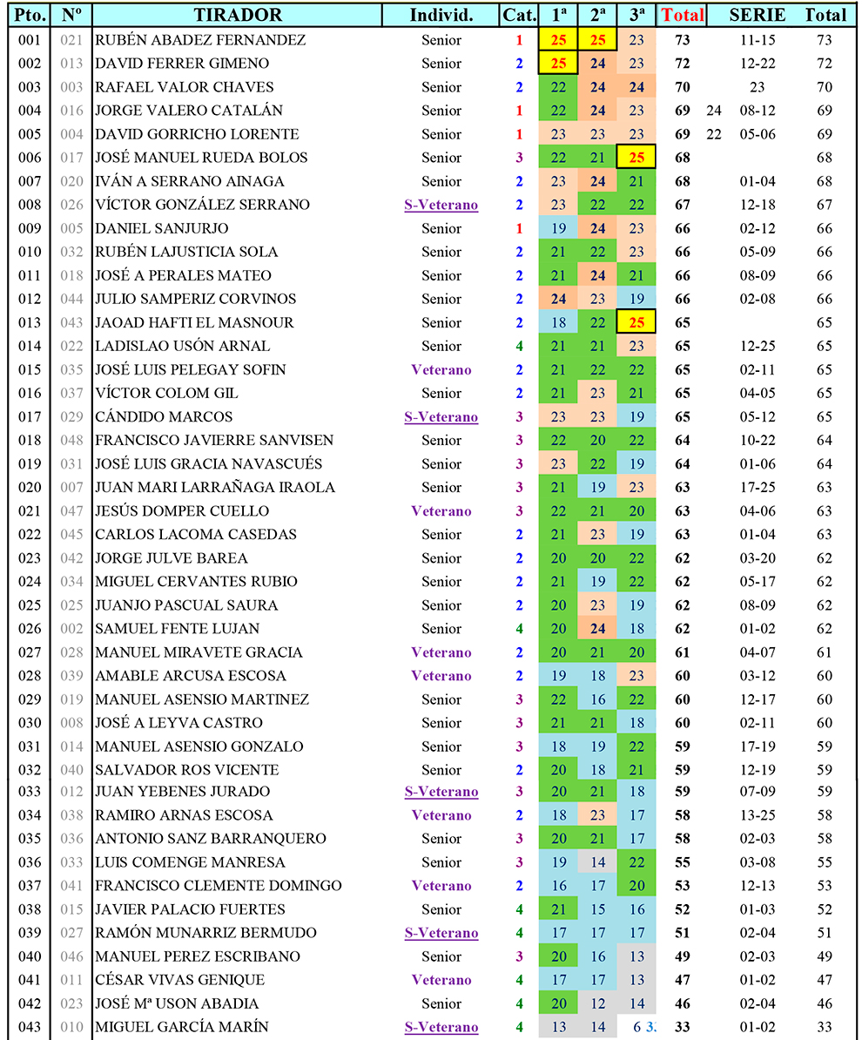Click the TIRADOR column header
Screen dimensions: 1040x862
[x=238, y=15]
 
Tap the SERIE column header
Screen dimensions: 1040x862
[x=757, y=15]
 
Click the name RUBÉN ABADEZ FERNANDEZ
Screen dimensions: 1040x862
[x=200, y=40]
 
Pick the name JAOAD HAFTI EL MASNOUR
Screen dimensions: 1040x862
[x=194, y=322]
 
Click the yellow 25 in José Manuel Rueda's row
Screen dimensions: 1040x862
[x=636, y=158]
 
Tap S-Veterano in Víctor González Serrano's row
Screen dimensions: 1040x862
[x=441, y=205]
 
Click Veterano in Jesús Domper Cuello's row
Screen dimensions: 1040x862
[x=441, y=511]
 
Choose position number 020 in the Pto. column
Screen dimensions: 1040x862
[x=30, y=488]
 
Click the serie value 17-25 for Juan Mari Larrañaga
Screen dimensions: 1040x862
[x=757, y=488]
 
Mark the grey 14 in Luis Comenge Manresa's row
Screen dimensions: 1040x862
[x=597, y=862]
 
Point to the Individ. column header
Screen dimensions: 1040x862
[x=441, y=15]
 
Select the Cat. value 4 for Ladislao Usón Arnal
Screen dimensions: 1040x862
[x=519, y=346]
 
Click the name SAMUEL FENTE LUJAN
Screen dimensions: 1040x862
[x=177, y=629]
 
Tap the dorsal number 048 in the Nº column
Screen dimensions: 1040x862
[x=72, y=441]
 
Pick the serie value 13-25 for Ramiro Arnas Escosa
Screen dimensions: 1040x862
[x=757, y=815]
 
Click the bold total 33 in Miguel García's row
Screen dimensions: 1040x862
[x=682, y=1027]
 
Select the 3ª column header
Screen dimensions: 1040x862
[x=636, y=15]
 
